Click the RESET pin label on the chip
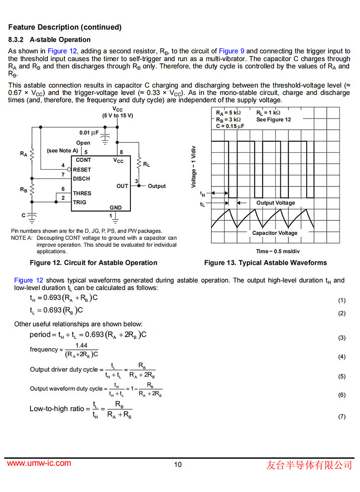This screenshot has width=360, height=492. tap(82, 170)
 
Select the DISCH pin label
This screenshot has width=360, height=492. tap(82, 179)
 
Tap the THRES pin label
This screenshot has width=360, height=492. tap(82, 193)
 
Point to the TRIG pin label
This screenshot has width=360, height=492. tap(80, 202)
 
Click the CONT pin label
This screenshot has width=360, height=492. tap(83, 160)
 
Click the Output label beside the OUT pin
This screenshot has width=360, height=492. tap(157, 186)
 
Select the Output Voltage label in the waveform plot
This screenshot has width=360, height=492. tap(275, 203)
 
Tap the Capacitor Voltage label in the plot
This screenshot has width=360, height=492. tap(275, 233)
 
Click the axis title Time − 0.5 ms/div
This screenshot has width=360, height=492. tap(278, 251)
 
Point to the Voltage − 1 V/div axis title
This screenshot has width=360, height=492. tap(194, 167)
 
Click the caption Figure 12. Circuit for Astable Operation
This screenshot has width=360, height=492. tap(93, 263)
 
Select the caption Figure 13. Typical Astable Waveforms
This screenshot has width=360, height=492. tap(265, 263)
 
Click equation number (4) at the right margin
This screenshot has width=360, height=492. tap(342, 357)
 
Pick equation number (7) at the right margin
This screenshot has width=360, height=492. tap(342, 417)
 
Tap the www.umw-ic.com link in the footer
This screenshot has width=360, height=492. tap(39, 463)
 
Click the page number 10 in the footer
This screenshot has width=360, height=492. tap(178, 465)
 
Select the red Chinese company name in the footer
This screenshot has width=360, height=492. tap(309, 465)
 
